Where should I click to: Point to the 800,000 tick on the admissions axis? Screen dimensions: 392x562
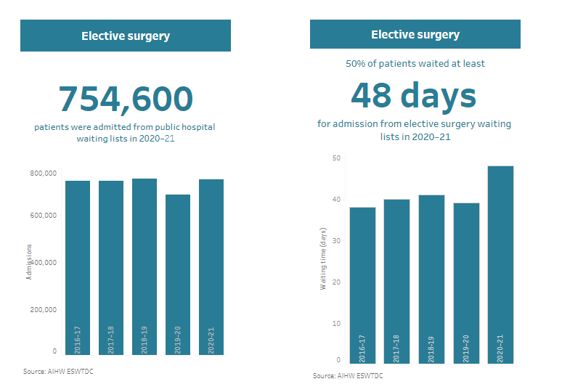tap(44, 173)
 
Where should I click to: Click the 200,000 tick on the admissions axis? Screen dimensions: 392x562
tap(44, 309)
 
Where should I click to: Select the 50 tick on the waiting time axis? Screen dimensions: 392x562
tap(336, 158)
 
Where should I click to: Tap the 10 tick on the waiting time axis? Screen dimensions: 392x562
tap(336, 323)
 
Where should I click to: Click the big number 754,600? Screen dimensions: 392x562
tap(126, 99)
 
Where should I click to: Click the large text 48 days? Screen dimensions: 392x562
tap(414, 95)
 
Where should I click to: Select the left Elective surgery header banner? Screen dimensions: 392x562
tap(126, 36)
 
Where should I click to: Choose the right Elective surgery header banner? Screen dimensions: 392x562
tap(415, 34)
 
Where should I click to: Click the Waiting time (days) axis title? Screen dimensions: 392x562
tap(323, 259)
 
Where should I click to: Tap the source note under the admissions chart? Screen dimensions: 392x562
tap(58, 372)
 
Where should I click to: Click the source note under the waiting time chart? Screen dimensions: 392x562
tap(348, 376)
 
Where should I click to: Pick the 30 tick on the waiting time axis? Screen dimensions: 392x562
tap(336, 241)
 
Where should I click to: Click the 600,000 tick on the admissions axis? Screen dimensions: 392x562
tap(44, 216)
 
